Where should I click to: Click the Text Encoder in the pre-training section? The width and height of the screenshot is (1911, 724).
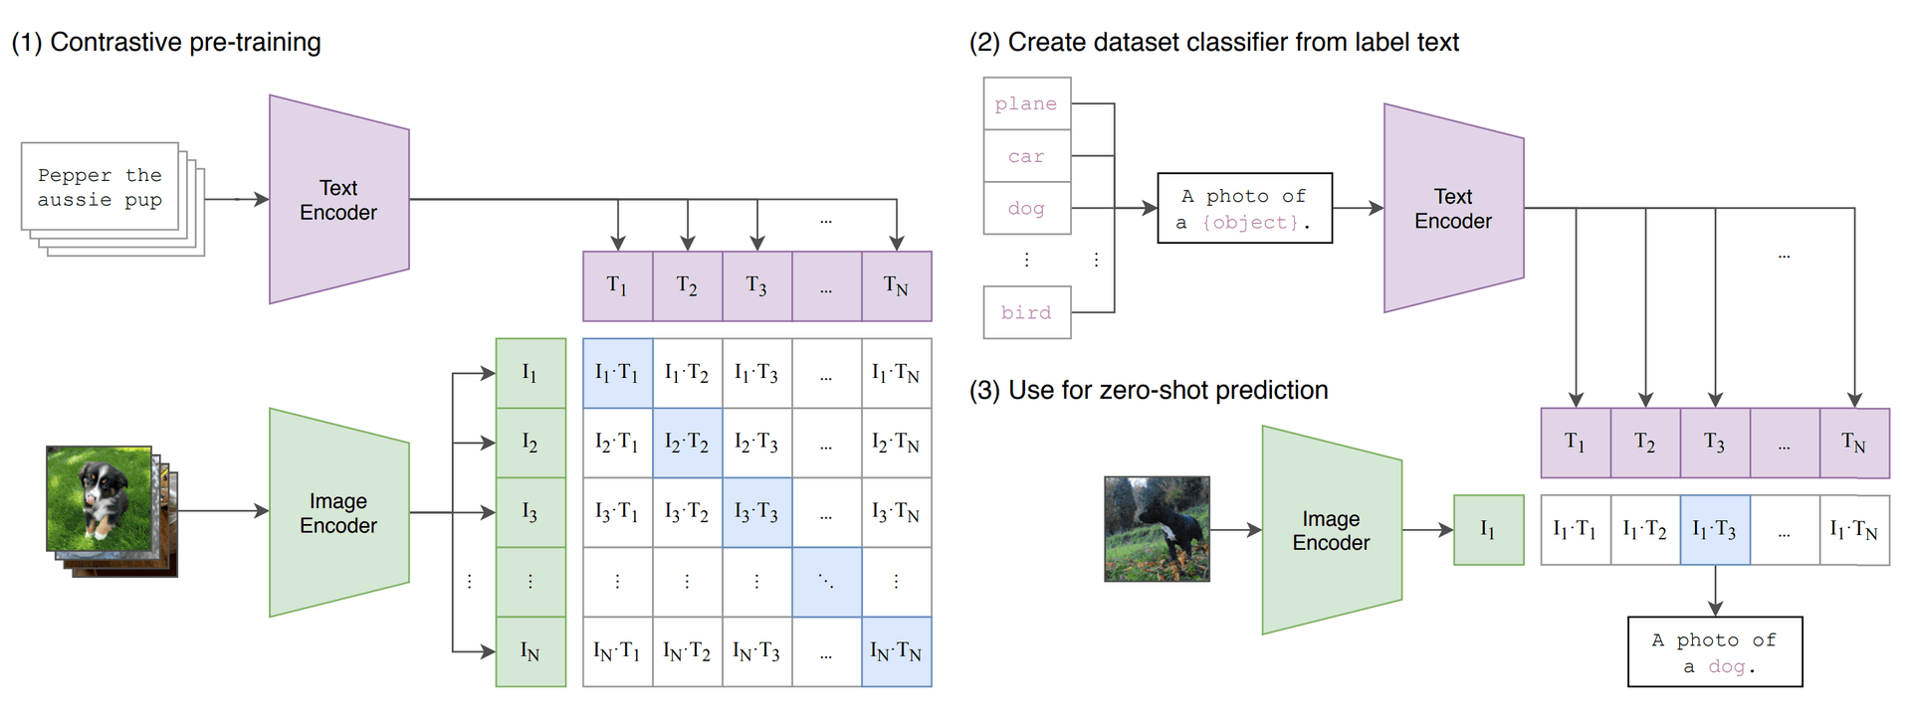[338, 200]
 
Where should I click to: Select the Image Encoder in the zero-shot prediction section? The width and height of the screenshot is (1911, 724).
[1331, 530]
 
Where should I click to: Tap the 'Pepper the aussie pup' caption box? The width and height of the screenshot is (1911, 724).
[100, 187]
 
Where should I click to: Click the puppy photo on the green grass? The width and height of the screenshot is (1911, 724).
[99, 498]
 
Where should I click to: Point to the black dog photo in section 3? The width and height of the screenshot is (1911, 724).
[1157, 528]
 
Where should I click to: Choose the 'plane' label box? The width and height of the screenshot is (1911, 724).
[1026, 103]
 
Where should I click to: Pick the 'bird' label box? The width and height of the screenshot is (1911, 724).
[1026, 312]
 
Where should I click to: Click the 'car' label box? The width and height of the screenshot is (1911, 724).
[1026, 156]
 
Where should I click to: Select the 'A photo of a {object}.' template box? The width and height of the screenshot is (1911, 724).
[1244, 209]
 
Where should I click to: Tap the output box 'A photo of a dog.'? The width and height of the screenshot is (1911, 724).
[1714, 652]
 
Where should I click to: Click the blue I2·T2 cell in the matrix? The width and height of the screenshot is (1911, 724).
[687, 443]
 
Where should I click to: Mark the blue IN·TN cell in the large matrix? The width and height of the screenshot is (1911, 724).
[896, 651]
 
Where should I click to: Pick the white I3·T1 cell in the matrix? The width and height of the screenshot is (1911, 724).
[617, 512]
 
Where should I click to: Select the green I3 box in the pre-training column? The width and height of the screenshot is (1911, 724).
[531, 512]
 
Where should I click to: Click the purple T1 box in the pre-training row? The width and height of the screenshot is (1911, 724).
[617, 286]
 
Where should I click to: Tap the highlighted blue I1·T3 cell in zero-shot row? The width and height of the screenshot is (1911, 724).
[1714, 530]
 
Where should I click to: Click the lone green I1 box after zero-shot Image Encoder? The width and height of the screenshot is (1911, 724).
[1488, 530]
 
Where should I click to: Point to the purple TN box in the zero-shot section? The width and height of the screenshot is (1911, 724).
[1853, 443]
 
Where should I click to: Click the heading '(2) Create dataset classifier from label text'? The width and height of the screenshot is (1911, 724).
[1213, 43]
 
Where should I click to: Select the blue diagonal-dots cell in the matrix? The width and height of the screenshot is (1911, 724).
[826, 582]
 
